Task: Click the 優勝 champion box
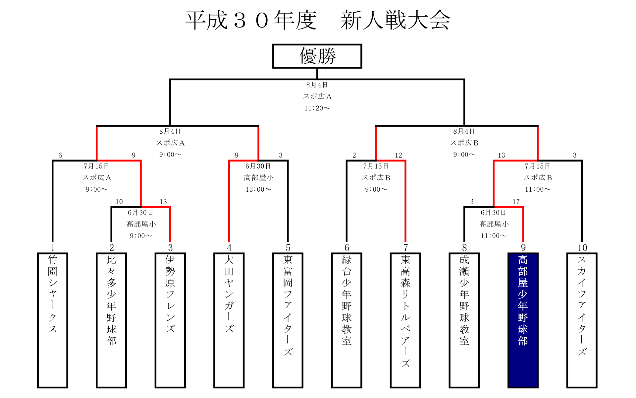317,56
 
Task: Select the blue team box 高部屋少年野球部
523,320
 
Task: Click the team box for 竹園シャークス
52,320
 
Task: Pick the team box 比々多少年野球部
111,320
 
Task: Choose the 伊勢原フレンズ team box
170,320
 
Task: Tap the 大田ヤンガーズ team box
229,320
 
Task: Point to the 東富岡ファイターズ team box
288,320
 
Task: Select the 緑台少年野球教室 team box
346,320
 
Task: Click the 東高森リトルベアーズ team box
405,320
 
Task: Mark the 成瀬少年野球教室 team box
464,320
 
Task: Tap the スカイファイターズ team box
582,320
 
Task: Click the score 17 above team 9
516,202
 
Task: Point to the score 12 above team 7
398,155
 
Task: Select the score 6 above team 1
60,155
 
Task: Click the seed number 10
582,248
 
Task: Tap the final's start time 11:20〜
317,108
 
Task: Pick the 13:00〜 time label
258,189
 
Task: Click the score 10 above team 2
119,202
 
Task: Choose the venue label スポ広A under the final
317,97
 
